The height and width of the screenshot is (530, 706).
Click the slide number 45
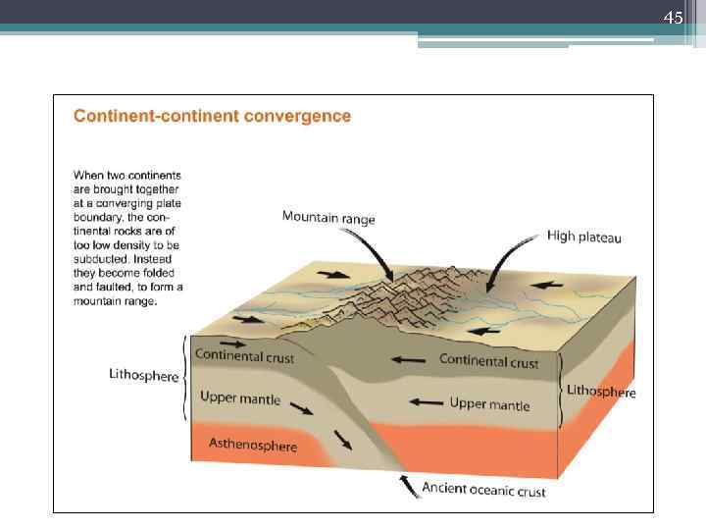pyautogui.click(x=673, y=18)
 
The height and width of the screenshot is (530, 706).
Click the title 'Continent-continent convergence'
pyautogui.click(x=213, y=116)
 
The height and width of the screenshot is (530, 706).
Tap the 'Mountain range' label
pyautogui.click(x=328, y=217)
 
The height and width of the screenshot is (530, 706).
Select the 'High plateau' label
pyautogui.click(x=583, y=237)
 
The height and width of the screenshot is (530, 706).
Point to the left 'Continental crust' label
pyautogui.click(x=244, y=356)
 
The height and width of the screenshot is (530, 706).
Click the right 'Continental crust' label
pyautogui.click(x=488, y=360)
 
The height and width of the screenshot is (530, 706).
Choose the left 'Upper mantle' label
pyautogui.click(x=240, y=398)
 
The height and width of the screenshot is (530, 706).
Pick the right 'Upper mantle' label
pyautogui.click(x=489, y=403)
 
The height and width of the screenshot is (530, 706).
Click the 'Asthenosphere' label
pyautogui.click(x=253, y=445)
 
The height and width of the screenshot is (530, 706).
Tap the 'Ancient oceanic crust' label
pyautogui.click(x=483, y=489)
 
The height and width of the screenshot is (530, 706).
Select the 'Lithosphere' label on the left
pyautogui.click(x=143, y=376)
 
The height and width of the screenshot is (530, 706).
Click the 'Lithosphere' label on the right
pyautogui.click(x=601, y=391)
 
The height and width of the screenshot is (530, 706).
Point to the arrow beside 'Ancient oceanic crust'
pyautogui.click(x=407, y=482)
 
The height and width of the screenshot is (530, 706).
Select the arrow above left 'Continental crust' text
pyautogui.click(x=234, y=343)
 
